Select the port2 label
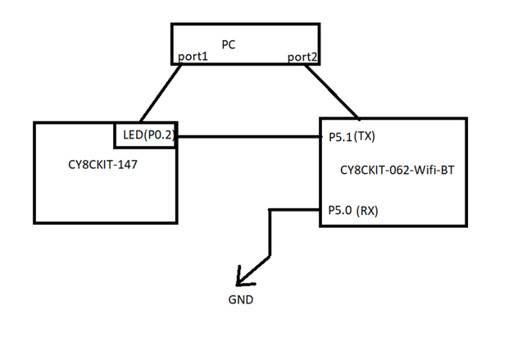301,57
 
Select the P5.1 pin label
338,136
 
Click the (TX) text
365,135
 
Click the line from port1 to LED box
161,93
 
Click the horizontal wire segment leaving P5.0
295,210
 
